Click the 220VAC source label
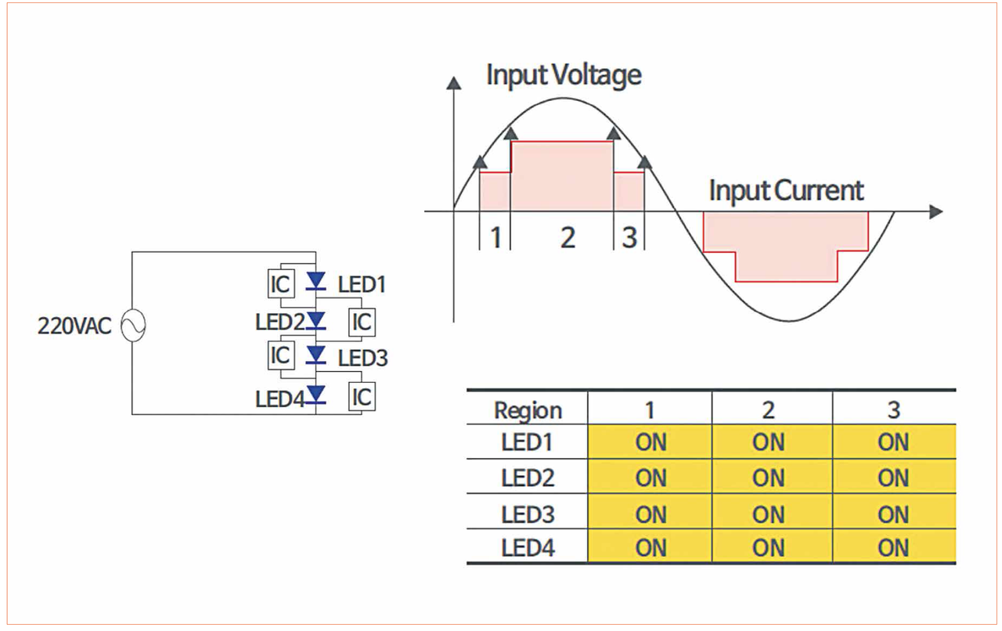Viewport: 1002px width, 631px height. (74, 326)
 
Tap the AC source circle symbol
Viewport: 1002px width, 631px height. (132, 326)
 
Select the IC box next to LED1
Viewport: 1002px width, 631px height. (280, 284)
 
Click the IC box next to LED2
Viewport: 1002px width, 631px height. (362, 322)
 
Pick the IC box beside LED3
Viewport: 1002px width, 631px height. (280, 355)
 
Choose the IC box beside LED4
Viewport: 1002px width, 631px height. (362, 396)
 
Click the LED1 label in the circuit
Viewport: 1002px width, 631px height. (362, 284)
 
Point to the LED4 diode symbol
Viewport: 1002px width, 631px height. (316, 393)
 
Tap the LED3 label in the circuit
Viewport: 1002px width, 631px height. (362, 359)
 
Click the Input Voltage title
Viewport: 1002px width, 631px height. (564, 76)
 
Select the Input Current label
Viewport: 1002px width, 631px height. (786, 191)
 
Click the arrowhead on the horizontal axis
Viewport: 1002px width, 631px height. (935, 211)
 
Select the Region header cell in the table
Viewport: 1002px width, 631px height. (528, 410)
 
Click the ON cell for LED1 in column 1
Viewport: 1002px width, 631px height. (651, 442)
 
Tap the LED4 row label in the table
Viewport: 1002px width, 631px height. (528, 547)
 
